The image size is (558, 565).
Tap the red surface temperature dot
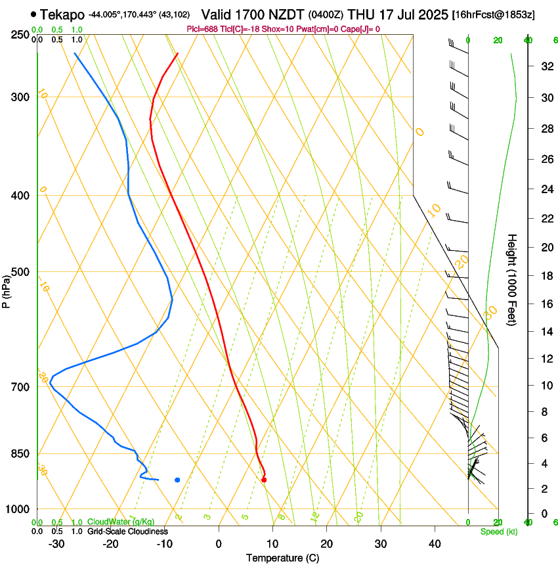click(264, 480)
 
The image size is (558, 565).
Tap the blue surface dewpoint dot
click(177, 480)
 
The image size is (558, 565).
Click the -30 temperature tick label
click(56, 544)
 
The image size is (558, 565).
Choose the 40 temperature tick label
click(434, 544)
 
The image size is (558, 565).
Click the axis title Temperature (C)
click(282, 558)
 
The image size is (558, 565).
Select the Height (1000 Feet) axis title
click(513, 280)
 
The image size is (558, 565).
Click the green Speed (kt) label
click(498, 531)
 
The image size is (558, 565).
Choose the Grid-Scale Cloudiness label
click(127, 531)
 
